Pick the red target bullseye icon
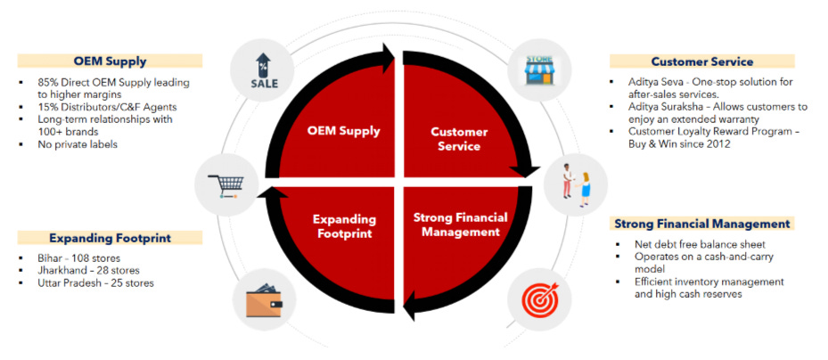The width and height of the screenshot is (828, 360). pos(537,299)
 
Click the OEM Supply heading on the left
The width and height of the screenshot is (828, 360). pos(111,61)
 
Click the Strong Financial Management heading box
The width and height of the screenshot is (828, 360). pos(701,224)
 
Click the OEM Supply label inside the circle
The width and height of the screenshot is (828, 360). pos(343,131)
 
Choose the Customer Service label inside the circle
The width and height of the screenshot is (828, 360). pos(459,139)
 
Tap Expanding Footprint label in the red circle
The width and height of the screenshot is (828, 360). pos(344,226)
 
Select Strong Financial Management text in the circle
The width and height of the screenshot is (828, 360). pos(460,225)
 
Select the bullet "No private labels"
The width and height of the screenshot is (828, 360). pos(78,144)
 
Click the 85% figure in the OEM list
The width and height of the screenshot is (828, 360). pos(50,83)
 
